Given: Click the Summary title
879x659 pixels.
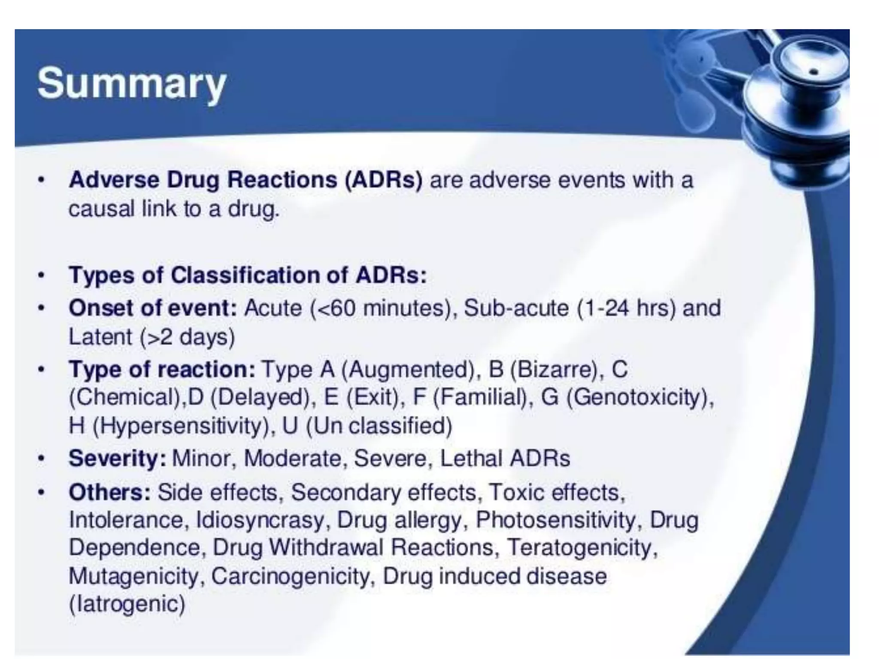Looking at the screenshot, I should (131, 84).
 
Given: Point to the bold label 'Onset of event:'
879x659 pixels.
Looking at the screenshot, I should (153, 308).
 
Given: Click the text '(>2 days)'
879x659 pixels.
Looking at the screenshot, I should (188, 337).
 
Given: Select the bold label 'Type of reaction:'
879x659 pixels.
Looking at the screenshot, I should (162, 369).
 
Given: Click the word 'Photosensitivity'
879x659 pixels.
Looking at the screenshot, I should (556, 520).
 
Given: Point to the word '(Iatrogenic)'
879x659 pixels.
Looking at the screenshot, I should (127, 604).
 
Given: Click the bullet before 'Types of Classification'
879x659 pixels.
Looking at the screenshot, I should (41, 275).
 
